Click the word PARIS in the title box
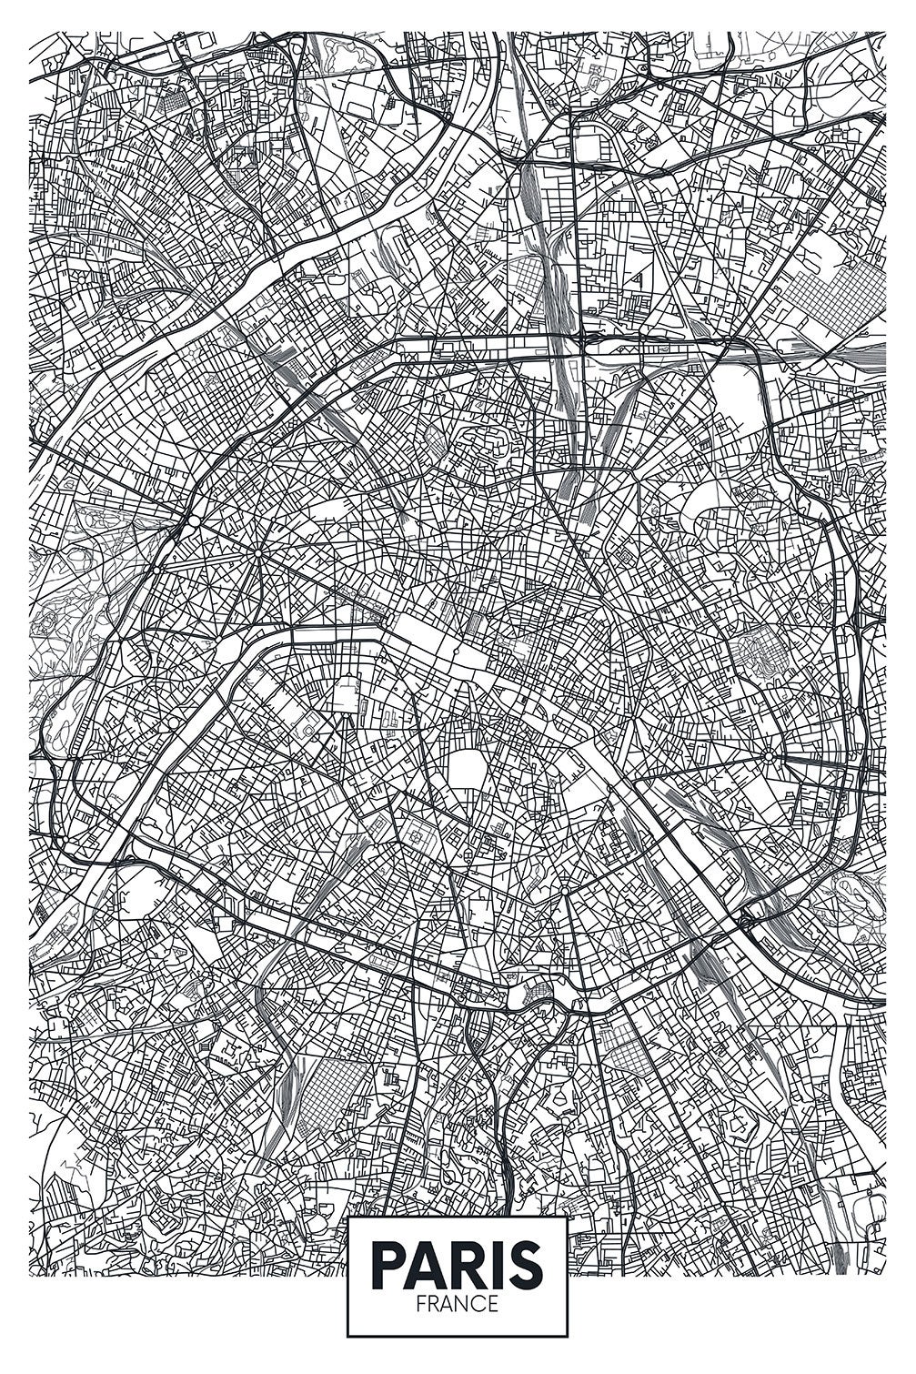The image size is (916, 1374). click(457, 1264)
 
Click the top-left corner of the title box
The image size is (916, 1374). click(348, 1217)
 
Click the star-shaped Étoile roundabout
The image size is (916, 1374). click(258, 552)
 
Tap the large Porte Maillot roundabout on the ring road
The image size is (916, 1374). click(194, 522)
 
